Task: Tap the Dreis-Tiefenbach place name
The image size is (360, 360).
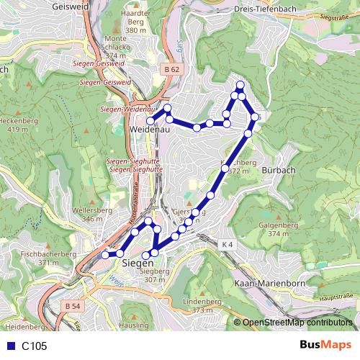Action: (266, 9)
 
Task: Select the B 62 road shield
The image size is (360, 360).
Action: (171, 69)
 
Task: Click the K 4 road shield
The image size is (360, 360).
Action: (228, 245)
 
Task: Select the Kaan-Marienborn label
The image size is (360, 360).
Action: (269, 284)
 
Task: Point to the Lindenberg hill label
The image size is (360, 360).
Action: (200, 300)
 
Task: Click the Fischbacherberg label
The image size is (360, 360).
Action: (48, 254)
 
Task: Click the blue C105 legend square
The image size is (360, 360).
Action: (9, 346)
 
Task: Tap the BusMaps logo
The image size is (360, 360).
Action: (326, 345)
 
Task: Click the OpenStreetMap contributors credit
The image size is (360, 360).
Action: (297, 323)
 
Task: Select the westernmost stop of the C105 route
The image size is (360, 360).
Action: (105, 254)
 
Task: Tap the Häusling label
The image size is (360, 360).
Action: (133, 325)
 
